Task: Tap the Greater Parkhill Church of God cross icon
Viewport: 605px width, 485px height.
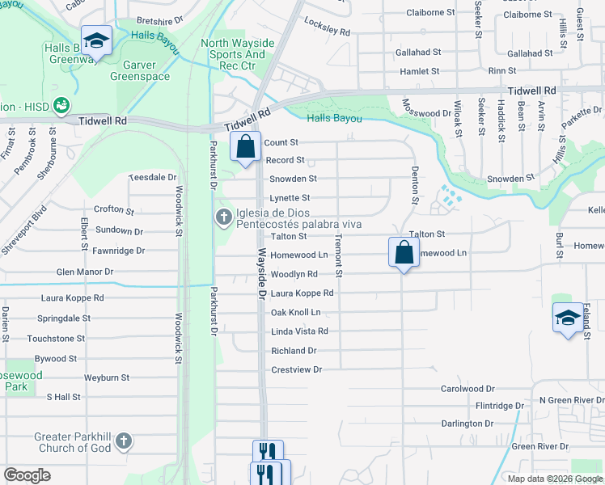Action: (123, 441)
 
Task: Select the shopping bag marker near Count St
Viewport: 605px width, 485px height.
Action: (246, 148)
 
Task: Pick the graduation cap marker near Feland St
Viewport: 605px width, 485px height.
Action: (568, 318)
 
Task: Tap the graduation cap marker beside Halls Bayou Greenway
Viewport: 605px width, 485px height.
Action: (96, 40)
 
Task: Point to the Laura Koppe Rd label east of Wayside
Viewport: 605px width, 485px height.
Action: (302, 293)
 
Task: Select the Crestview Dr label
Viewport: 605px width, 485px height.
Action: (296, 369)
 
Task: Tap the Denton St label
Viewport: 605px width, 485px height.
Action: (415, 184)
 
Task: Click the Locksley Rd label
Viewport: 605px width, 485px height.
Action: (328, 28)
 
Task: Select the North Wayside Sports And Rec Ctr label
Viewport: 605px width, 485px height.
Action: (238, 54)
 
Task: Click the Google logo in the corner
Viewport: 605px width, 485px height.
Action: (27, 475)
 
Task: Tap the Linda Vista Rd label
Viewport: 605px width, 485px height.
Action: (299, 331)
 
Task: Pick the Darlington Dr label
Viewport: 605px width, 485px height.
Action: (467, 424)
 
